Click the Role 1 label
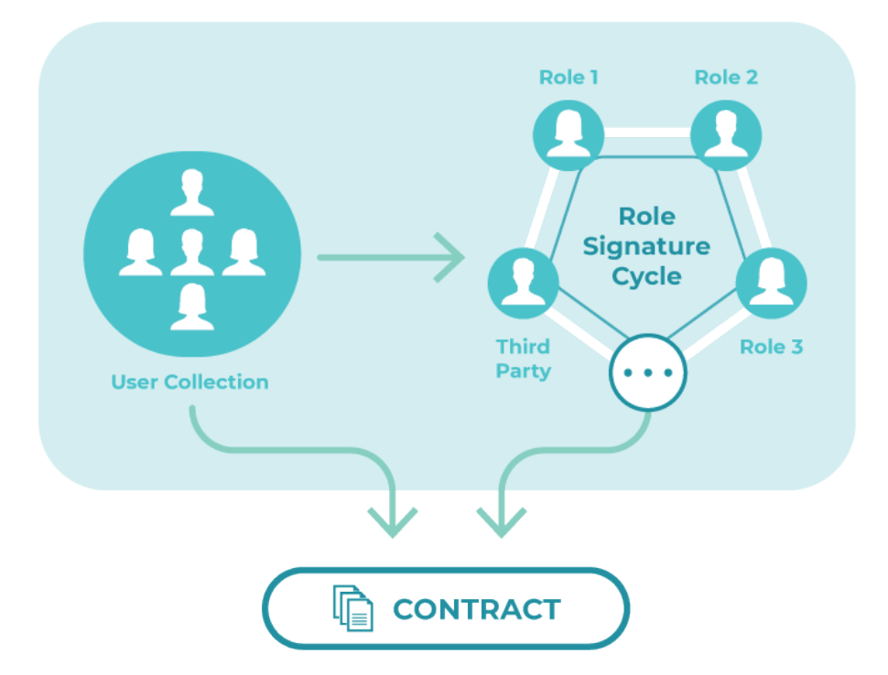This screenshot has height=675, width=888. coord(569,77)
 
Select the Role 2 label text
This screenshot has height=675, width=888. coord(726,77)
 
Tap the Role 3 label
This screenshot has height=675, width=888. coord(771,347)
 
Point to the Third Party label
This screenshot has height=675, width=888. coord(524,359)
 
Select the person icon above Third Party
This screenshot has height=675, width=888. coord(524,282)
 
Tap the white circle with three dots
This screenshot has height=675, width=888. coord(648,372)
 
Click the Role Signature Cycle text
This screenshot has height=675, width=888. coord(646,246)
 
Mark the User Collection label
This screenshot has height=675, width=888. coord(190,381)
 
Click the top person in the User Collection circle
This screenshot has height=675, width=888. coord(191,191)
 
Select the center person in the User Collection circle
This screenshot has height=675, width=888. coord(191,252)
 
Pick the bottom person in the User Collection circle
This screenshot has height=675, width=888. coord(191,307)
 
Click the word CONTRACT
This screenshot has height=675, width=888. coord(476,609)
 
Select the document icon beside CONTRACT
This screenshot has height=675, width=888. coord(353,608)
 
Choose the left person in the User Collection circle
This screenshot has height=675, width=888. coord(140,252)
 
